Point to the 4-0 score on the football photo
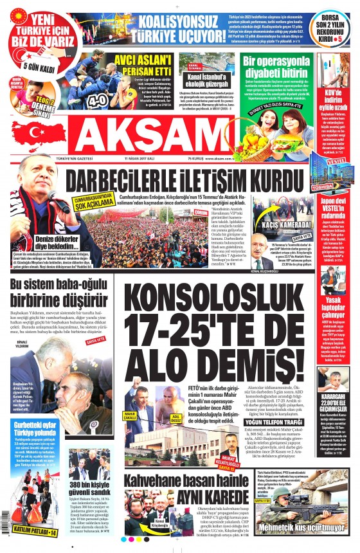(x=98, y=100)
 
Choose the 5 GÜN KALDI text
(x=29, y=66)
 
